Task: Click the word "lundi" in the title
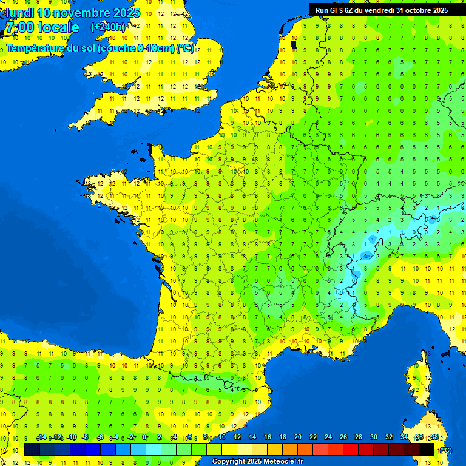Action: tap(19, 13)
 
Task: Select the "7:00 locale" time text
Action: tap(42, 27)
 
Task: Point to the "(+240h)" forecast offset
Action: tap(109, 27)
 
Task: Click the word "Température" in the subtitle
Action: tap(42, 49)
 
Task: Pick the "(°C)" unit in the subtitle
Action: tap(185, 49)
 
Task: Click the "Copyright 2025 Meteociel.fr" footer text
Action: tap(257, 462)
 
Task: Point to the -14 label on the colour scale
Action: tap(41, 437)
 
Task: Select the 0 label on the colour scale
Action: tap(144, 437)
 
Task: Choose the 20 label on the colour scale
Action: tap(297, 437)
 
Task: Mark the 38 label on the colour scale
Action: tap(434, 437)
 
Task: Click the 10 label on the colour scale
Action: tap(221, 437)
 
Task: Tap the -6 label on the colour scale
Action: tap(100, 437)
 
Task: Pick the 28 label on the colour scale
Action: tap(358, 437)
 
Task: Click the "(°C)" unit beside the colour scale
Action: tap(445, 450)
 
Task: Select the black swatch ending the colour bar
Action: tap(427, 449)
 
